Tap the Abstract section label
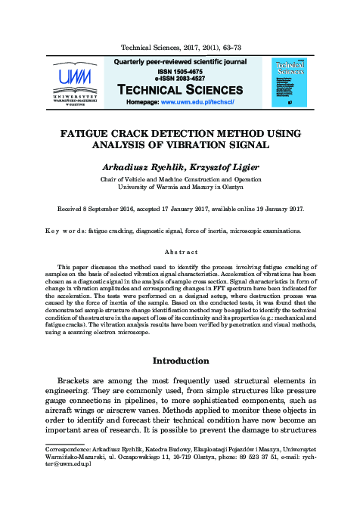point(181,252)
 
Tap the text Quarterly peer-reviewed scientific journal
point(179,60)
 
